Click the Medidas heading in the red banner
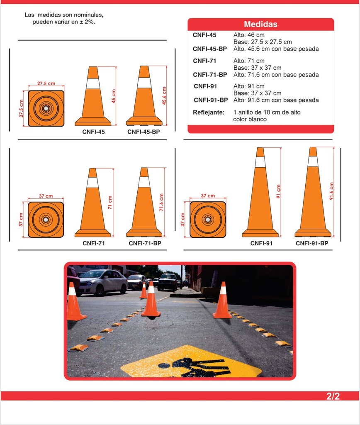[x=260, y=24]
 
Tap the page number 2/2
[x=333, y=396]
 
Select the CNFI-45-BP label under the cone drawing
[x=144, y=132]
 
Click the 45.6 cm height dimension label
[x=164, y=96]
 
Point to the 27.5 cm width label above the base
[x=46, y=83]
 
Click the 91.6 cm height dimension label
[x=331, y=191]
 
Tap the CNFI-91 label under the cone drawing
[x=261, y=243]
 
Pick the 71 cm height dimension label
[x=110, y=203]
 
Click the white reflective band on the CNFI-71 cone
[x=92, y=183]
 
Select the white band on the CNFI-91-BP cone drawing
[x=313, y=161]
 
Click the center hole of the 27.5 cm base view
[x=46, y=108]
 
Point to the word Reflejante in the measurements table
[x=209, y=112]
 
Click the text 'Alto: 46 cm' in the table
[x=249, y=35]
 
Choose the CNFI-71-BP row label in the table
[x=210, y=75]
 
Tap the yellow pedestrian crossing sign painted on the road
[x=191, y=361]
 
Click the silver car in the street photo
[x=103, y=282]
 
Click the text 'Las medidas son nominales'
[x=64, y=15]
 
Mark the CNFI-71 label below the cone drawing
[x=94, y=243]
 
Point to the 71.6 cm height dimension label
[x=161, y=202]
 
